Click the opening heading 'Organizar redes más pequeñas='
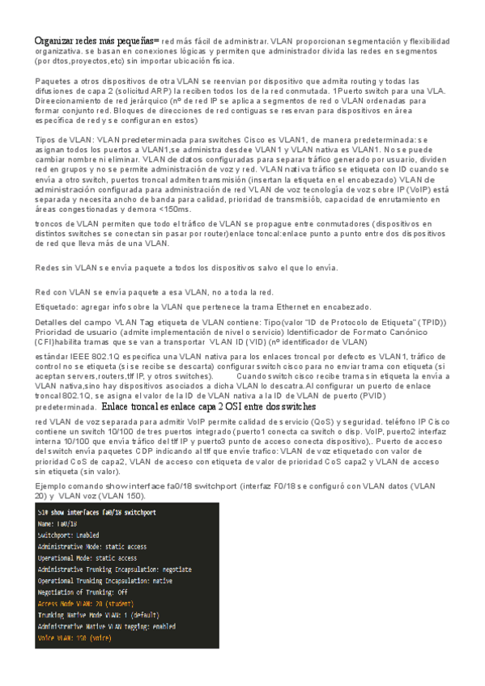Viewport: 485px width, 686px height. (96, 40)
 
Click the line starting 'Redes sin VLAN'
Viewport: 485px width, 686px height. (186, 268)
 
